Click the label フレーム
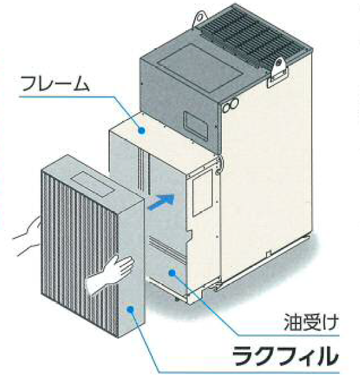(55, 83)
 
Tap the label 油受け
(311, 322)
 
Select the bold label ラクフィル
(285, 356)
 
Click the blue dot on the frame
(142, 131)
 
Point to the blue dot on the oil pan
(172, 273)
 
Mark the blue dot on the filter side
(130, 309)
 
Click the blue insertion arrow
(162, 201)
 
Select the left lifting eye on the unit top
(200, 18)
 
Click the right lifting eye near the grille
(279, 64)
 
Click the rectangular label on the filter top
(94, 184)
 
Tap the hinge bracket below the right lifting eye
(278, 77)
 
